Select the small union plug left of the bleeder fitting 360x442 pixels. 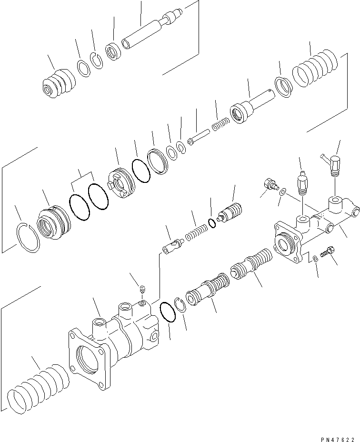270,184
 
